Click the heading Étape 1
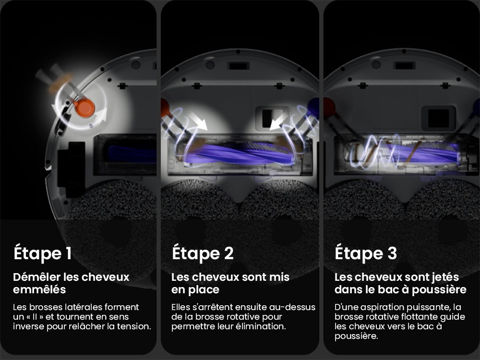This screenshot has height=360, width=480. (x=42, y=253)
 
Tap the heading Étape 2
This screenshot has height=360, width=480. (x=203, y=253)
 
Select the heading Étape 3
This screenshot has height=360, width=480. (x=366, y=253)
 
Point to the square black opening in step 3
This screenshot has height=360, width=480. (x=437, y=118)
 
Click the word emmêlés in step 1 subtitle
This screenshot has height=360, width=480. (x=39, y=290)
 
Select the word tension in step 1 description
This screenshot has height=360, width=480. (x=135, y=326)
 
